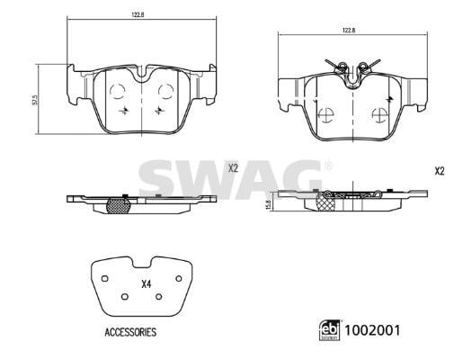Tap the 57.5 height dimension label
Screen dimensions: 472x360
35,100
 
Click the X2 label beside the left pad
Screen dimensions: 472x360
233,168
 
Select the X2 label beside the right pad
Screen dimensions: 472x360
440,171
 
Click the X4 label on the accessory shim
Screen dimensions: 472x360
146,284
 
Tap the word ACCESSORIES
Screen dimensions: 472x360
130,332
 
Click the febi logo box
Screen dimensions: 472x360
329,330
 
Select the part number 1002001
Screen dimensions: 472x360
372,330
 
